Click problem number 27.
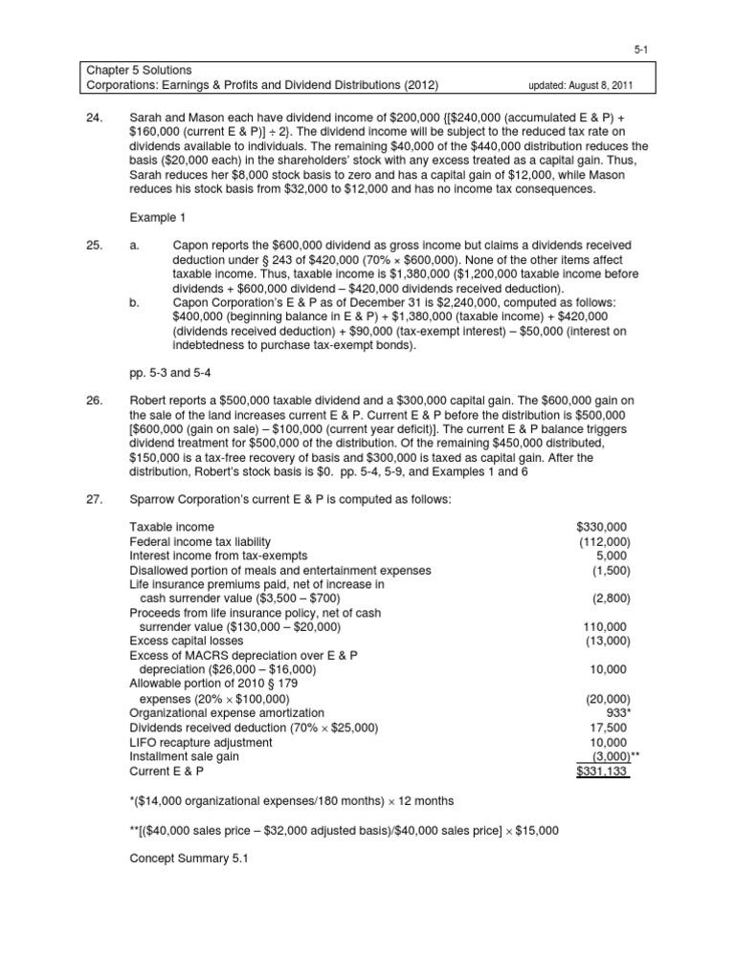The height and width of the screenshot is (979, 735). (x=94, y=500)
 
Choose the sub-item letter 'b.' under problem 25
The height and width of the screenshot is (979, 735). (x=135, y=303)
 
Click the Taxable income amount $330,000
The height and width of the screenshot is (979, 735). (x=603, y=527)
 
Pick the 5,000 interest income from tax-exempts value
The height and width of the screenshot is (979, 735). (x=612, y=555)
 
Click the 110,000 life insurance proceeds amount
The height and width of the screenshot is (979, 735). (x=606, y=627)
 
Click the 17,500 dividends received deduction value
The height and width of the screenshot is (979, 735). (x=609, y=728)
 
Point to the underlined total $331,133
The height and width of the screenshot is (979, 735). (x=603, y=771)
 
